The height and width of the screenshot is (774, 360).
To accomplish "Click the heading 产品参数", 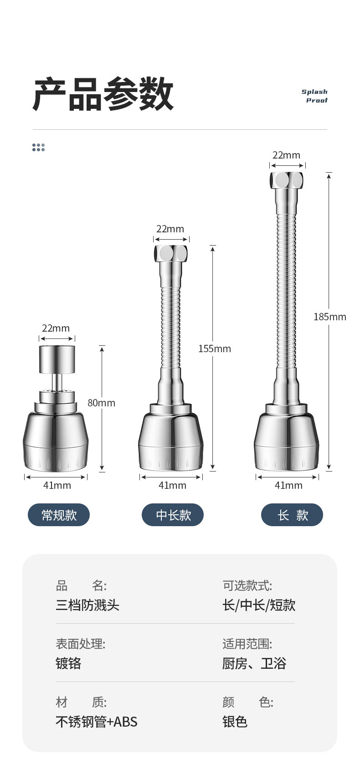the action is (x=103, y=94).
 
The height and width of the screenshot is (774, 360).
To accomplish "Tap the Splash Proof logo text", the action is (x=315, y=96).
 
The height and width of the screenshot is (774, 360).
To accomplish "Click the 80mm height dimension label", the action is (x=101, y=403).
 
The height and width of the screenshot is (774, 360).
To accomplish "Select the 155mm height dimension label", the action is (x=215, y=349).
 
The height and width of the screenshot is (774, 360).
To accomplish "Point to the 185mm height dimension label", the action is (x=329, y=317).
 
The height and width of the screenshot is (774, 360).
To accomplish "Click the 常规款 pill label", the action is (x=59, y=515).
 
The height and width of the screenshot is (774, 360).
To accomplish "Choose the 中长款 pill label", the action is (x=173, y=515).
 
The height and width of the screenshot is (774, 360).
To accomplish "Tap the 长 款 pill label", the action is (x=292, y=515).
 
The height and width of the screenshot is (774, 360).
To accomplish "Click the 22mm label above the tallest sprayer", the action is (x=287, y=155).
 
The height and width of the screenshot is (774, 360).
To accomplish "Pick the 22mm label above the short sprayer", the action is (x=56, y=328).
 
